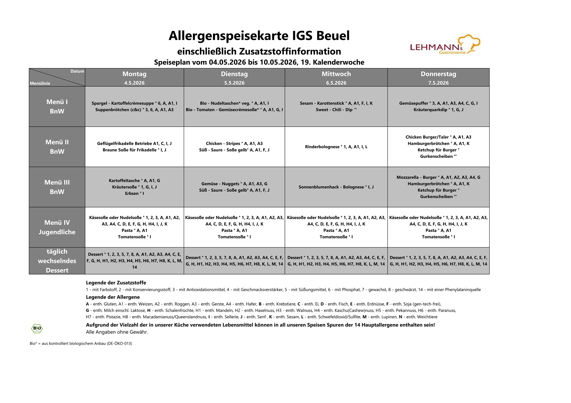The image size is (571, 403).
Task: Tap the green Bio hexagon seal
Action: coord(37,328)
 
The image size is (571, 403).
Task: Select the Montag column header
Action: coord(134,74)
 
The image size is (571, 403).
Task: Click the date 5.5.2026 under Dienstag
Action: coord(234,83)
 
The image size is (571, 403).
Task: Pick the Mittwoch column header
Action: coord(336,74)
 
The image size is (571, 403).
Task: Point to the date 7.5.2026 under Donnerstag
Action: coord(438,83)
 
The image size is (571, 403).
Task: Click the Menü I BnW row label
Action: coord(57,106)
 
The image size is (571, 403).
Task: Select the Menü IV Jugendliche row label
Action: coord(57,227)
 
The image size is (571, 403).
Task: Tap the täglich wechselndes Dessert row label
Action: coord(57,261)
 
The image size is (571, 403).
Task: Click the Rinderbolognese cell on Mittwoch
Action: coord(336,147)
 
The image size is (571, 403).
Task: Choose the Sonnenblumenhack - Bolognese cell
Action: coord(336,187)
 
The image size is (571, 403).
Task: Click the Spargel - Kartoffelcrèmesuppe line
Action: coord(134,103)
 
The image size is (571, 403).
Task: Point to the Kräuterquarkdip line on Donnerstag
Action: coord(438,110)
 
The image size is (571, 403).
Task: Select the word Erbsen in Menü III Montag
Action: coord(132,193)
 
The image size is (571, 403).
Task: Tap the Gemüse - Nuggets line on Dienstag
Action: coord(234,184)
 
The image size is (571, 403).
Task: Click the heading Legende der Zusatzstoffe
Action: coord(116,283)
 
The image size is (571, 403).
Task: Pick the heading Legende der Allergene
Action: coord(113,297)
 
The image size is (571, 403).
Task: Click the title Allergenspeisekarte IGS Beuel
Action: coord(259,36)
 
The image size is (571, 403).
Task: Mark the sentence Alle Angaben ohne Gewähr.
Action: coord(117,332)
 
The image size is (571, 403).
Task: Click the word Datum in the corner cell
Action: coord(77,71)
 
